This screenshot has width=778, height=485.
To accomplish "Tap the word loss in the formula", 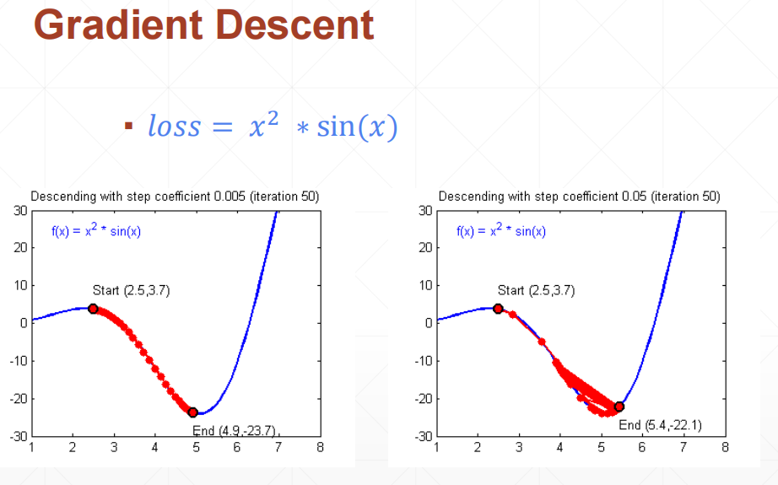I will [x=175, y=127].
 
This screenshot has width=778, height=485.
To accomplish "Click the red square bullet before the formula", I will [x=128, y=127].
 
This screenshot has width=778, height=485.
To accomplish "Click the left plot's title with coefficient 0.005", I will [x=175, y=197].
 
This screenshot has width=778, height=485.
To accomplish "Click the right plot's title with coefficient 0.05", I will [x=579, y=197].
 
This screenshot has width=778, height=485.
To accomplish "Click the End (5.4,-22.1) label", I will [x=661, y=424].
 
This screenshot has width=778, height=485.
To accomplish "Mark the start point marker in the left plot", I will [x=93, y=309].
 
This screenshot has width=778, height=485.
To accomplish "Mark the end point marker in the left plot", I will [x=193, y=412].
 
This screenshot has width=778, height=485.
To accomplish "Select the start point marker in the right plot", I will [x=498, y=309].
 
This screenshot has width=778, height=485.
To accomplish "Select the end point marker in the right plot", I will [x=619, y=407].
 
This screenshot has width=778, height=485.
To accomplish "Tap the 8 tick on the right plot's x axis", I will [x=724, y=447].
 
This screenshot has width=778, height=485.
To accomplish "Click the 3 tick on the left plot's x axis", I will [x=113, y=447].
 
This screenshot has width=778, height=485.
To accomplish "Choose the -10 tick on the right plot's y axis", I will [x=423, y=361].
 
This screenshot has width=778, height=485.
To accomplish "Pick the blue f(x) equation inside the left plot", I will [x=96, y=231].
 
